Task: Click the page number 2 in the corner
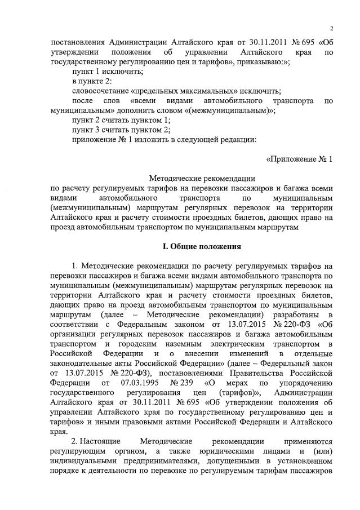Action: [x=332, y=29]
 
